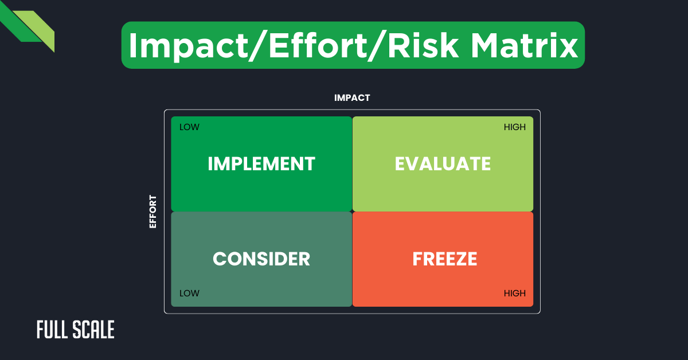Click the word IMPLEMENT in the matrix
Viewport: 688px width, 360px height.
[261, 164]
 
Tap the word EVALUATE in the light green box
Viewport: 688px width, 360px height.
[443, 164]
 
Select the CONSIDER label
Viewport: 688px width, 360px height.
[261, 259]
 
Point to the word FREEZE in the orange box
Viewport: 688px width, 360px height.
[445, 259]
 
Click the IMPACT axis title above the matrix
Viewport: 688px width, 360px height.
[352, 98]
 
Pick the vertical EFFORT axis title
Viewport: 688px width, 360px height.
[153, 212]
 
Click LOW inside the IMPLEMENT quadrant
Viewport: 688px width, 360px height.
[189, 127]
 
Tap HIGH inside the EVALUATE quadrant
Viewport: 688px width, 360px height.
[514, 127]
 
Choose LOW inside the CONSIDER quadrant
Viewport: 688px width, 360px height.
[189, 294]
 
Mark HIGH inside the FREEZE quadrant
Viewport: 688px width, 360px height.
[514, 294]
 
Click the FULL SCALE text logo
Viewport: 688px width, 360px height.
[76, 330]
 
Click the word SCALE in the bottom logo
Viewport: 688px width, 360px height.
[94, 330]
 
